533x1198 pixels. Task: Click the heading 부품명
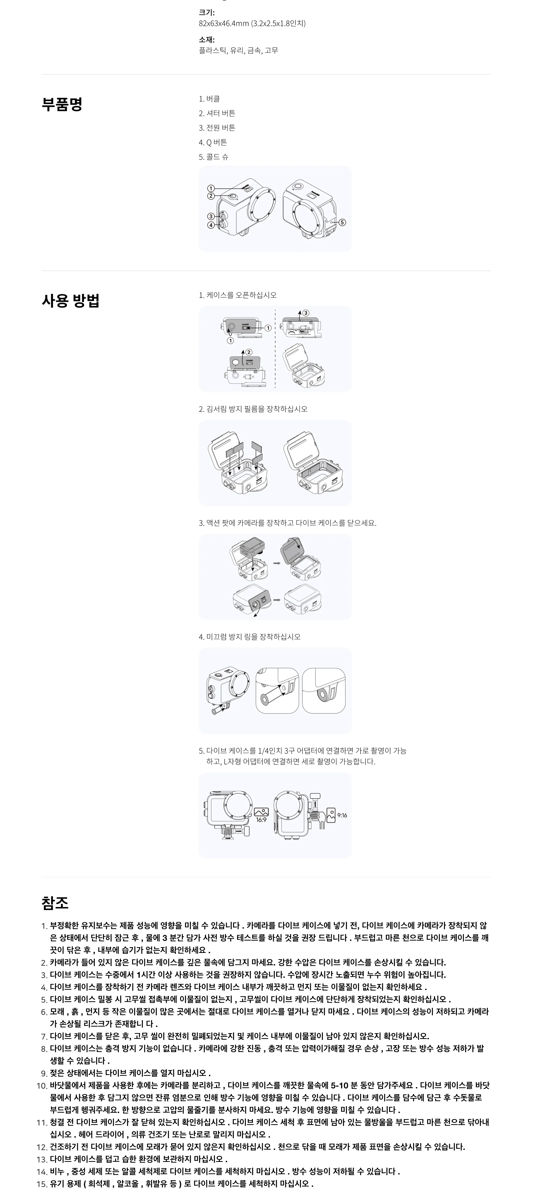pyautogui.click(x=62, y=104)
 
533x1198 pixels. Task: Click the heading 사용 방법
pyautogui.click(x=71, y=301)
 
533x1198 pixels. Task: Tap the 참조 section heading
pyautogui.click(x=55, y=903)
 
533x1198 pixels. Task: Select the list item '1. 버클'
pyautogui.click(x=210, y=99)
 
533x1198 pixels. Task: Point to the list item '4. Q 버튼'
pyautogui.click(x=213, y=142)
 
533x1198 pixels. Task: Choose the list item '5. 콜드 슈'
pyautogui.click(x=214, y=157)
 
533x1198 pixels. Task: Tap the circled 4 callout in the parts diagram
pyautogui.click(x=211, y=225)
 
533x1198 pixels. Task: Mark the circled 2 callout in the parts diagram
pyautogui.click(x=211, y=196)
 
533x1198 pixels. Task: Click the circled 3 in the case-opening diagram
pyautogui.click(x=306, y=313)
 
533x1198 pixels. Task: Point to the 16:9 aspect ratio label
pyautogui.click(x=261, y=820)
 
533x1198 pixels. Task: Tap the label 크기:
pyautogui.click(x=207, y=13)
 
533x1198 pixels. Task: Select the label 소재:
pyautogui.click(x=207, y=39)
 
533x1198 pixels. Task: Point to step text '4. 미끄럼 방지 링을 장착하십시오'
pyautogui.click(x=250, y=637)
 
